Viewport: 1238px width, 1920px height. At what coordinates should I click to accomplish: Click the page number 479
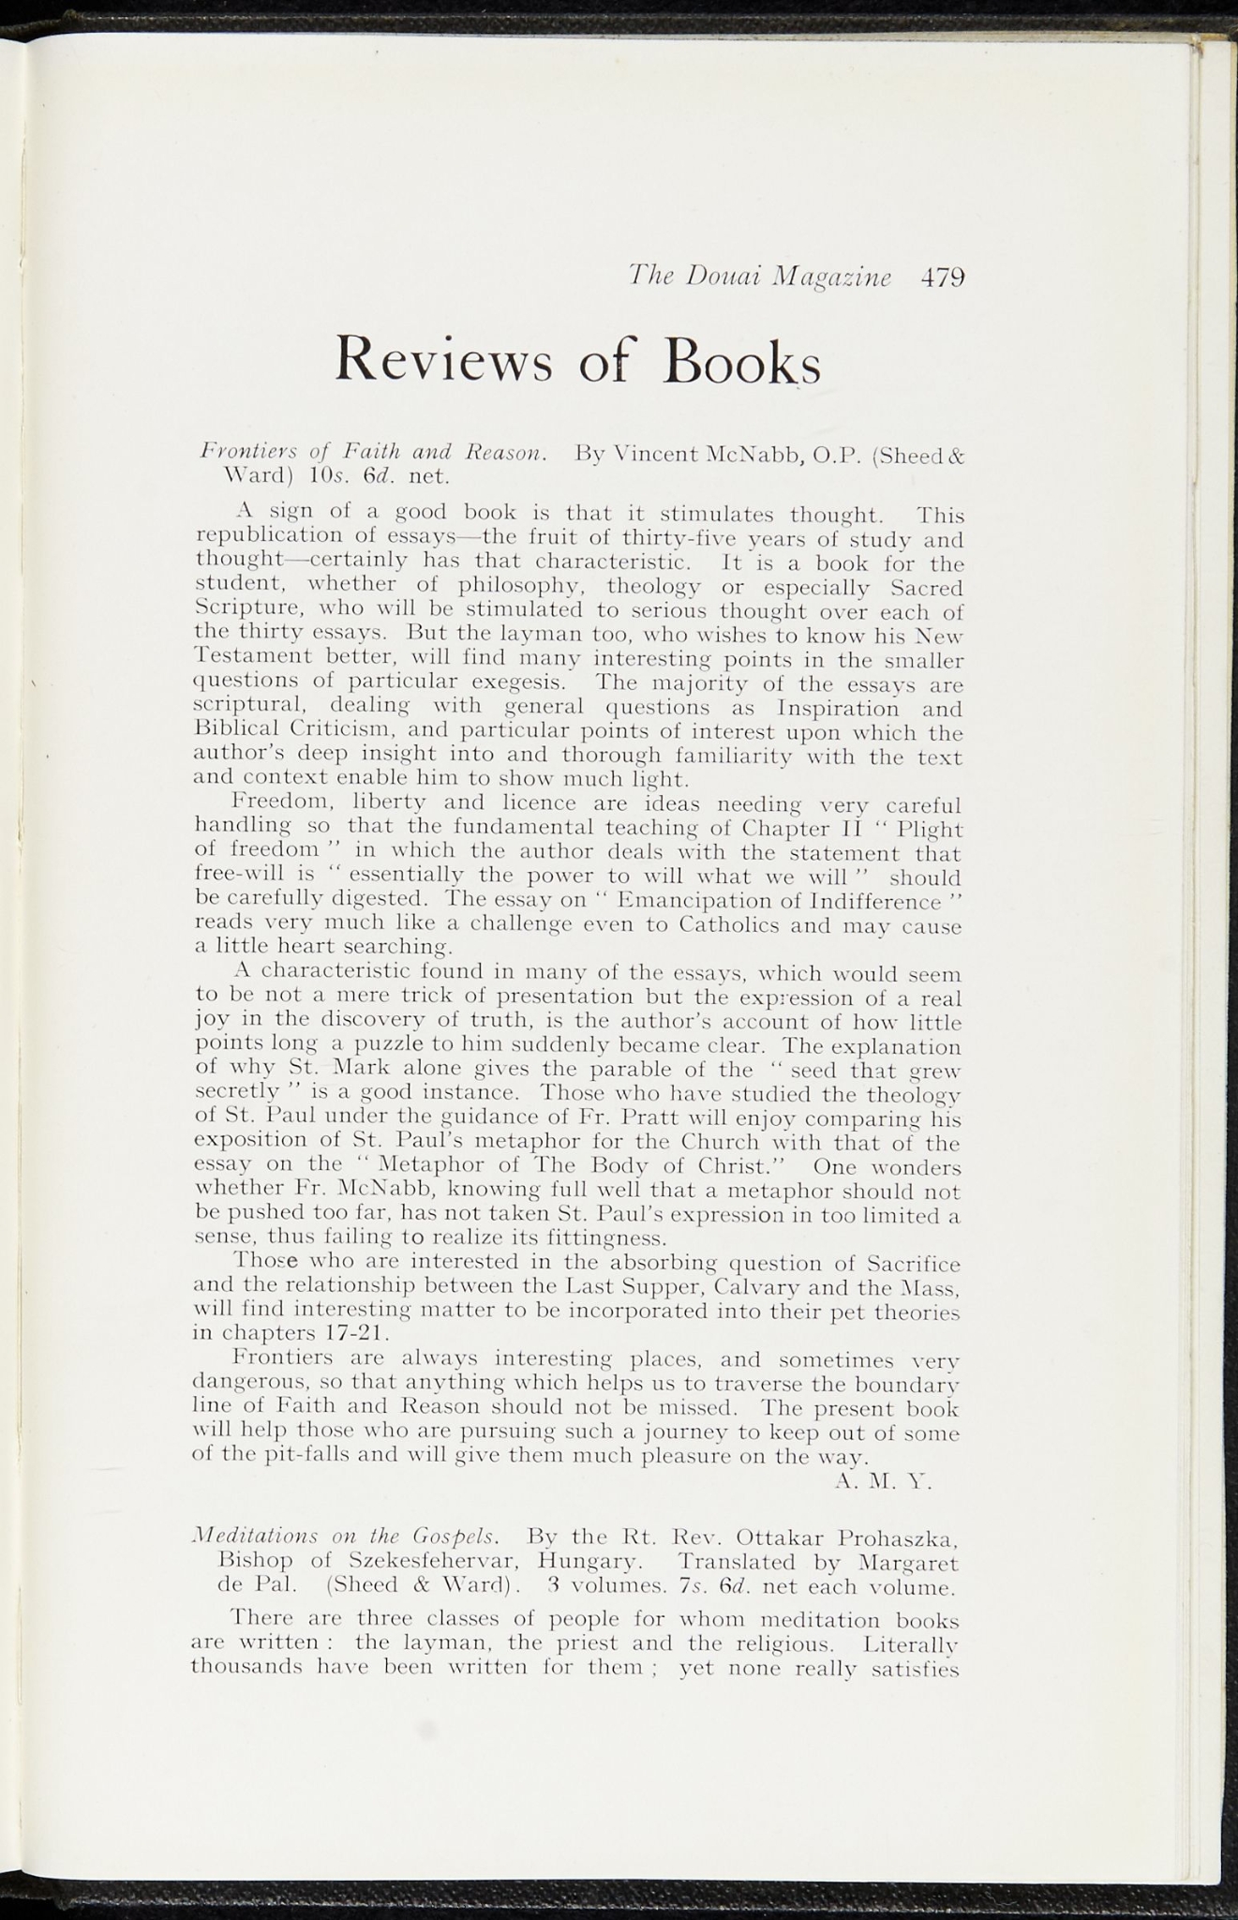[x=942, y=277]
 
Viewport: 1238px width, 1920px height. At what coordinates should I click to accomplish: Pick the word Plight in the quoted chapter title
[x=929, y=829]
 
